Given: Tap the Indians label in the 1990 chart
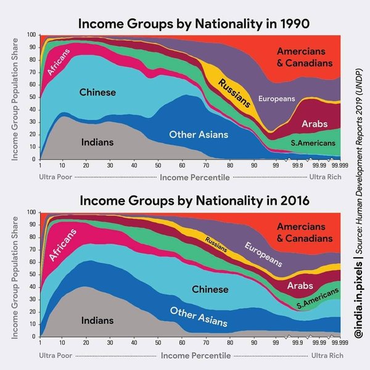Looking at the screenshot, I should click(x=97, y=142).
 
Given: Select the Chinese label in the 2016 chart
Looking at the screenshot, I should click(x=210, y=289).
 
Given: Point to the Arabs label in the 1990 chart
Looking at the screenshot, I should click(x=314, y=125).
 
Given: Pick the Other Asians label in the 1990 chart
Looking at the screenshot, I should click(x=199, y=134).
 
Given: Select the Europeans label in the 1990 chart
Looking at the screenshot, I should click(x=276, y=99).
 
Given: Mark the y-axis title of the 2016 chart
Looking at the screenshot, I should click(x=14, y=276).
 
